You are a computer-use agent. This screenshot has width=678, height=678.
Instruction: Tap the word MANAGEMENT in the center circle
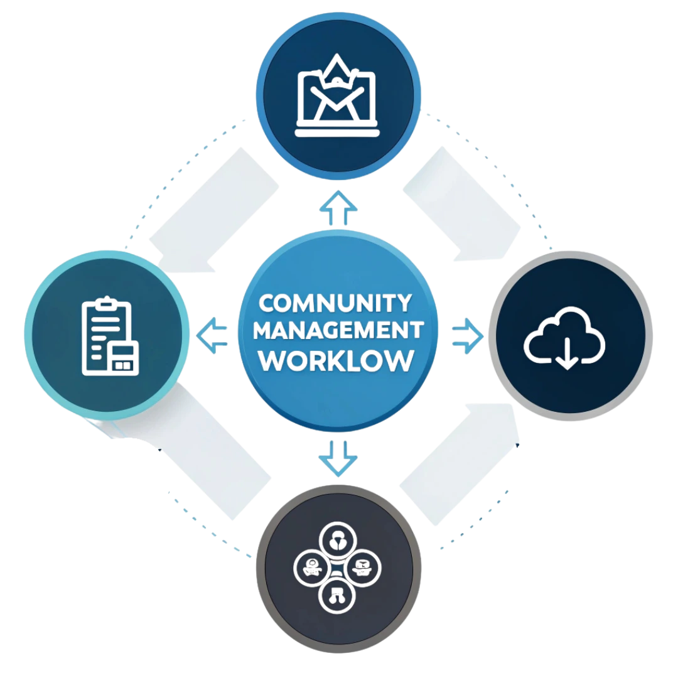point(340,331)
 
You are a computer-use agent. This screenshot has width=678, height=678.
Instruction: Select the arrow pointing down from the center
point(339,456)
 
